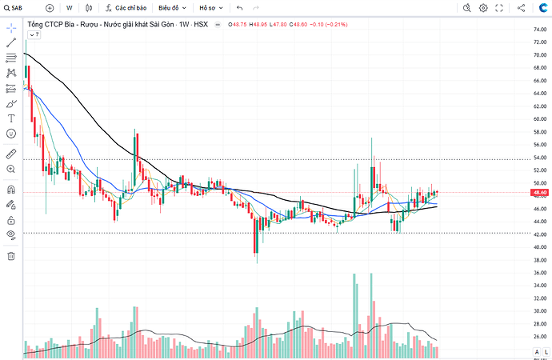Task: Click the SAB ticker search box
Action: click(14, 8)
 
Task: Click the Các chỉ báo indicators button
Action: click(126, 8)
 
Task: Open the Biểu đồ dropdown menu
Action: click(172, 8)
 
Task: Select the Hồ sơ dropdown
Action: click(211, 8)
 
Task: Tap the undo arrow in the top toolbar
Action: click(240, 8)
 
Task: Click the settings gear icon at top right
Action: click(483, 8)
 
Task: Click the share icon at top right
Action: click(521, 8)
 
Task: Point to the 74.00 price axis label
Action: click(540, 30)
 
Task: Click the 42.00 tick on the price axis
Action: click(540, 234)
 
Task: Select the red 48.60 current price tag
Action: click(539, 193)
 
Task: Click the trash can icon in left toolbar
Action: click(11, 256)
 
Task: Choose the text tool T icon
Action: click(11, 118)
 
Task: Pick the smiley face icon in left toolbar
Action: click(11, 134)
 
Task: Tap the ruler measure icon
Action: click(11, 154)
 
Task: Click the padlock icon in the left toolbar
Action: click(11, 220)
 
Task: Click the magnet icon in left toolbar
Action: click(11, 190)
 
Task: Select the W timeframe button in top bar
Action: click(70, 8)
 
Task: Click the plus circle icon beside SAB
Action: click(50, 8)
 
